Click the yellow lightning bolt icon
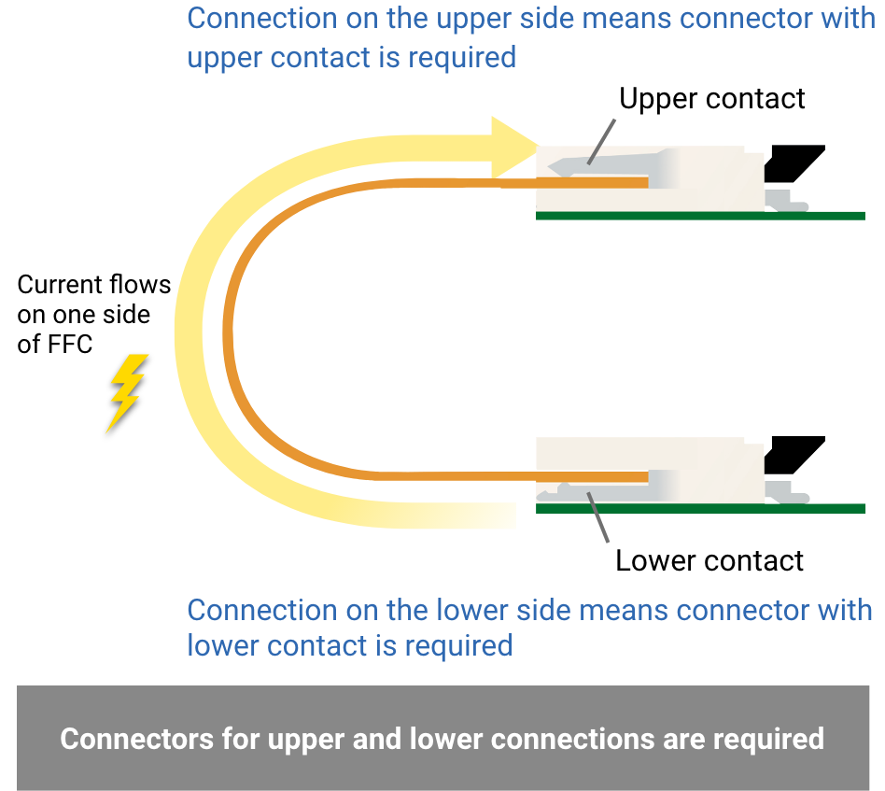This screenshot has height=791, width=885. [126, 392]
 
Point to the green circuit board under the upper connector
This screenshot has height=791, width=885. [700, 216]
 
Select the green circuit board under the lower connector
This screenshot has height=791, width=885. [700, 509]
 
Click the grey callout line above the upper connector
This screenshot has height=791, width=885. [602, 142]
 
